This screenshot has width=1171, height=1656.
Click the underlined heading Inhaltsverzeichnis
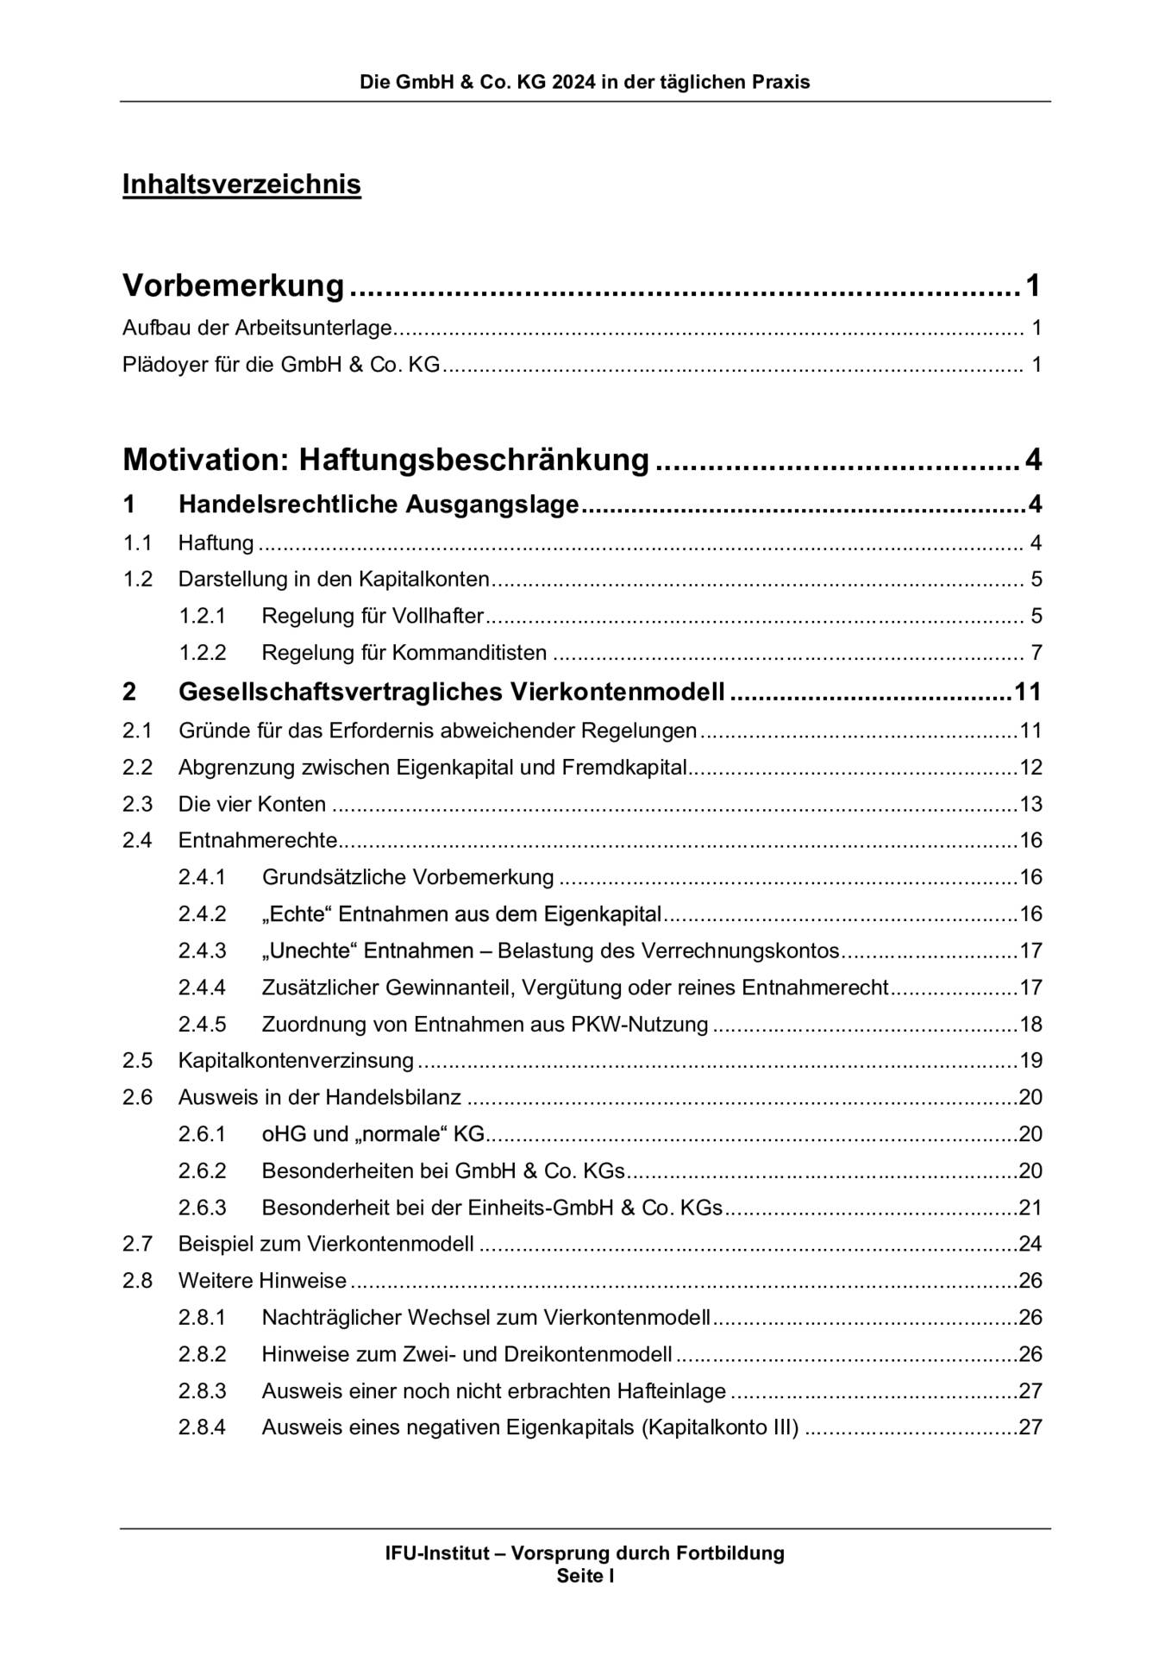coord(241,185)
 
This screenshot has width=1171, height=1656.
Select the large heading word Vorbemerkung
coord(234,285)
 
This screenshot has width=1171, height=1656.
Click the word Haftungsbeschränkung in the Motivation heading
coord(473,460)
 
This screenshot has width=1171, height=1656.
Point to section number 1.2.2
coord(202,652)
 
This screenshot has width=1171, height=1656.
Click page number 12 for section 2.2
coord(1030,767)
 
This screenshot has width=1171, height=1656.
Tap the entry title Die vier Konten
coord(252,804)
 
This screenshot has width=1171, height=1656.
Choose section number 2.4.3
coord(202,950)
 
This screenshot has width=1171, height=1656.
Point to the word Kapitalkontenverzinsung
coord(296,1060)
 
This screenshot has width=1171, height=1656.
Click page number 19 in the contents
coord(1030,1060)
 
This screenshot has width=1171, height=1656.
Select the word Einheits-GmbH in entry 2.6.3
coord(541,1207)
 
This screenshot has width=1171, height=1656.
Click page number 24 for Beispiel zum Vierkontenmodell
coord(1030,1244)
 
